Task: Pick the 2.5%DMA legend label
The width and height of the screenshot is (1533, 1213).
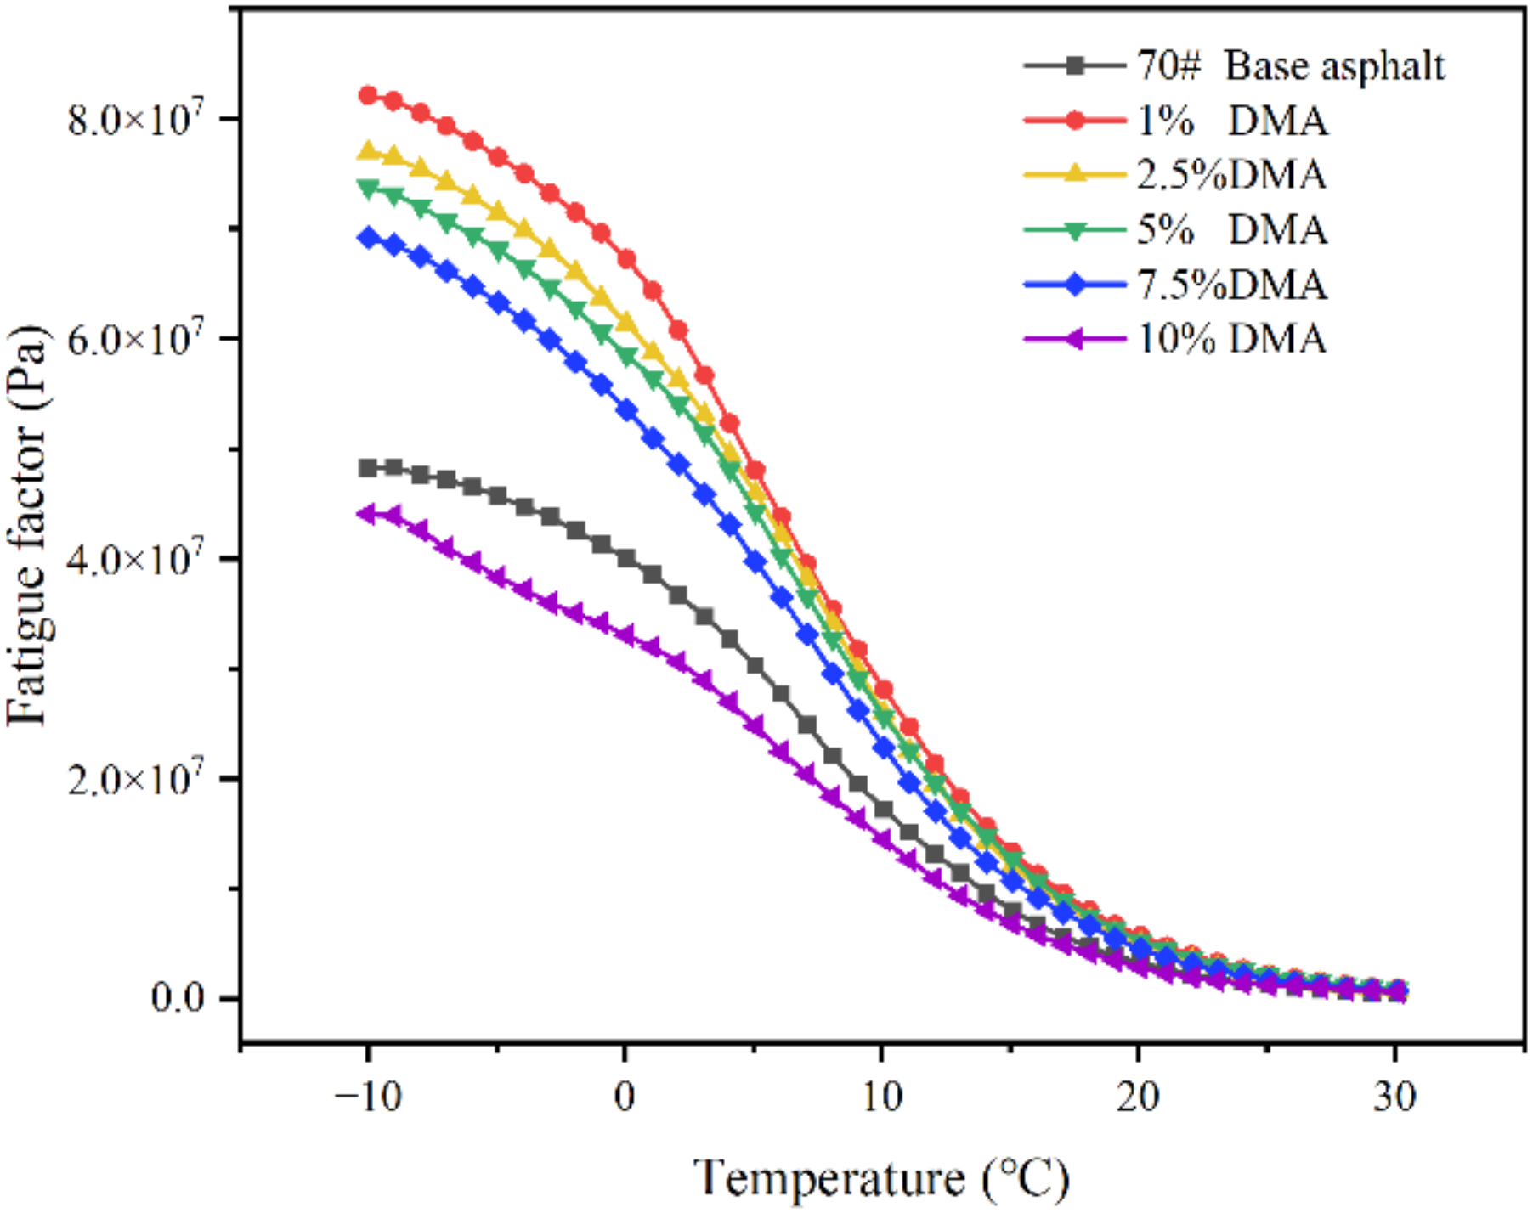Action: click(x=1231, y=175)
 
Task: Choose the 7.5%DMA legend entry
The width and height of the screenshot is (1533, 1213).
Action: click(x=1231, y=284)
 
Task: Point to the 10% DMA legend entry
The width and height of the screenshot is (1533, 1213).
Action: click(x=1231, y=339)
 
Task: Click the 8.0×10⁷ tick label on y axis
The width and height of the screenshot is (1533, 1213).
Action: click(x=136, y=118)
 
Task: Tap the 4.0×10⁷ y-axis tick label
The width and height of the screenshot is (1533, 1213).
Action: click(x=136, y=558)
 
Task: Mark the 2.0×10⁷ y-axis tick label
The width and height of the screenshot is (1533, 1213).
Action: click(x=136, y=778)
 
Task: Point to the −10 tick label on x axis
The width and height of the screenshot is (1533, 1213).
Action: click(x=367, y=1097)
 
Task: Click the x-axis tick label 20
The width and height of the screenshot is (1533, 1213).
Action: click(x=1138, y=1097)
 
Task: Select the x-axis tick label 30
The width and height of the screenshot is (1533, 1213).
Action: click(x=1394, y=1097)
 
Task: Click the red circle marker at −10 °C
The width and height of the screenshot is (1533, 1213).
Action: click(x=368, y=95)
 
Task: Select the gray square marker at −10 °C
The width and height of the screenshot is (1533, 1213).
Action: click(x=368, y=468)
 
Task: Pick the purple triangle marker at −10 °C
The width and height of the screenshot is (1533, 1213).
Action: click(x=367, y=514)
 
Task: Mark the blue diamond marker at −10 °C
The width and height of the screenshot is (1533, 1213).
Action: click(x=368, y=237)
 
